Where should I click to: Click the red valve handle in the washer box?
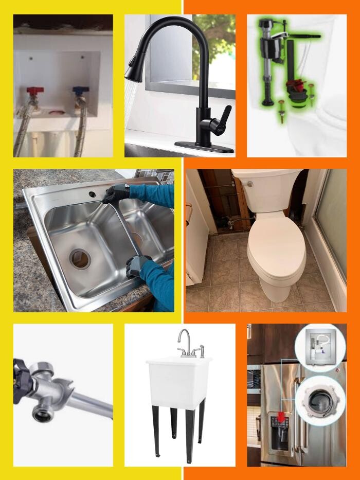coord(35,91)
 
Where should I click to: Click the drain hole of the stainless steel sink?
coord(80,258)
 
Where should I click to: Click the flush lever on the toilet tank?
coord(248,184)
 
